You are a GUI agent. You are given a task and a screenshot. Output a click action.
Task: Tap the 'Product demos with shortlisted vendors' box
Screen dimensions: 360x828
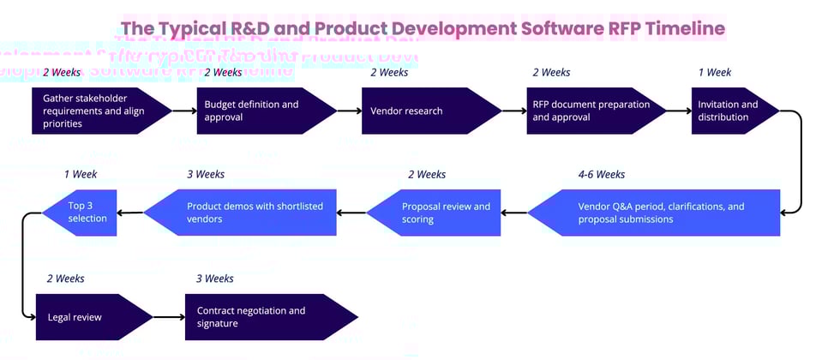click(x=244, y=213)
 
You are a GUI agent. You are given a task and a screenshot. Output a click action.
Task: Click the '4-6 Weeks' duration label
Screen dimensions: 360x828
click(x=602, y=175)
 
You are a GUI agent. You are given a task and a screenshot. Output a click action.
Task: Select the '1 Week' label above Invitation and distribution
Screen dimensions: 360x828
click(x=715, y=73)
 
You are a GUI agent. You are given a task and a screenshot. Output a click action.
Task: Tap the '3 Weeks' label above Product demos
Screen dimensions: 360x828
click(x=206, y=175)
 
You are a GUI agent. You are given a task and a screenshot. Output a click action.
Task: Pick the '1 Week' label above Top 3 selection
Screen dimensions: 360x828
click(x=81, y=175)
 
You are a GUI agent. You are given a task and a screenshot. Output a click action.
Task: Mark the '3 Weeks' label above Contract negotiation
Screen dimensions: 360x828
click(x=214, y=279)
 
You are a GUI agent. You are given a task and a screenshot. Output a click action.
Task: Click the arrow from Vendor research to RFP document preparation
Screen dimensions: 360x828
click(x=514, y=111)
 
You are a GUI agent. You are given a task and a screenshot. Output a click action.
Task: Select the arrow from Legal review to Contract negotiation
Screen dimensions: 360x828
click(x=169, y=317)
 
